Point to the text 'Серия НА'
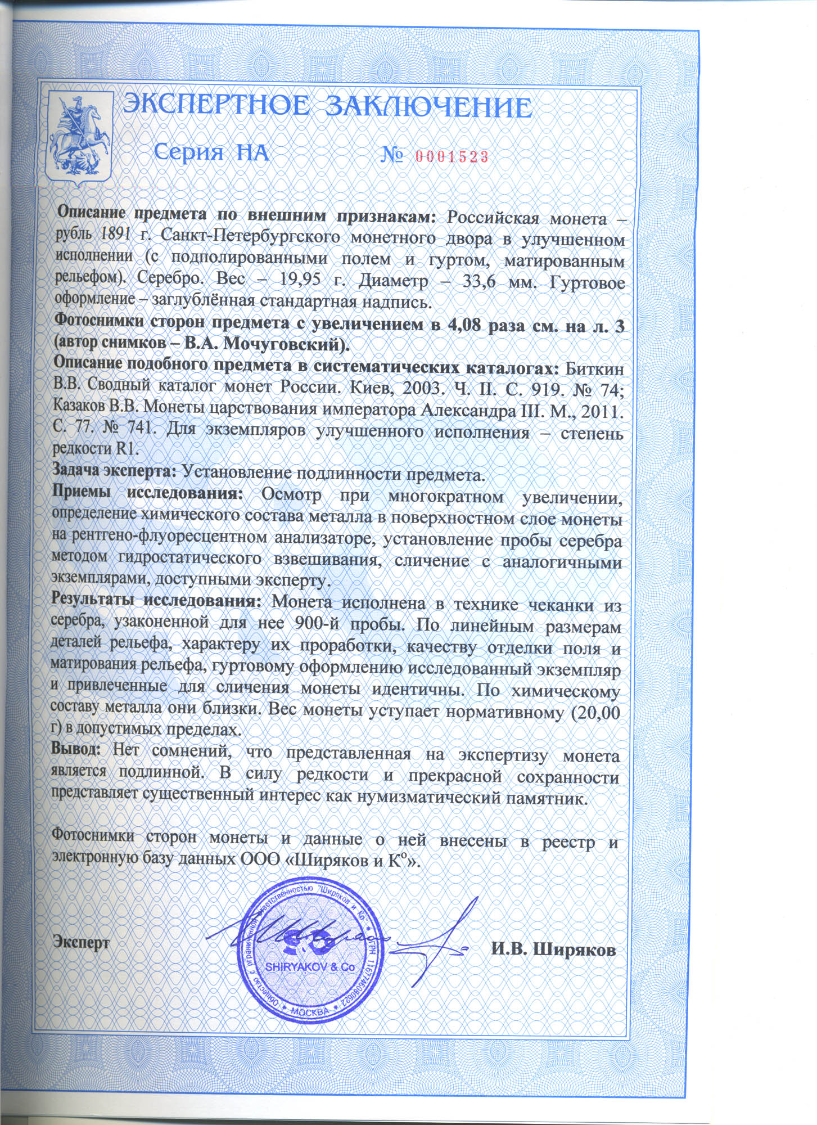[x=211, y=152]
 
